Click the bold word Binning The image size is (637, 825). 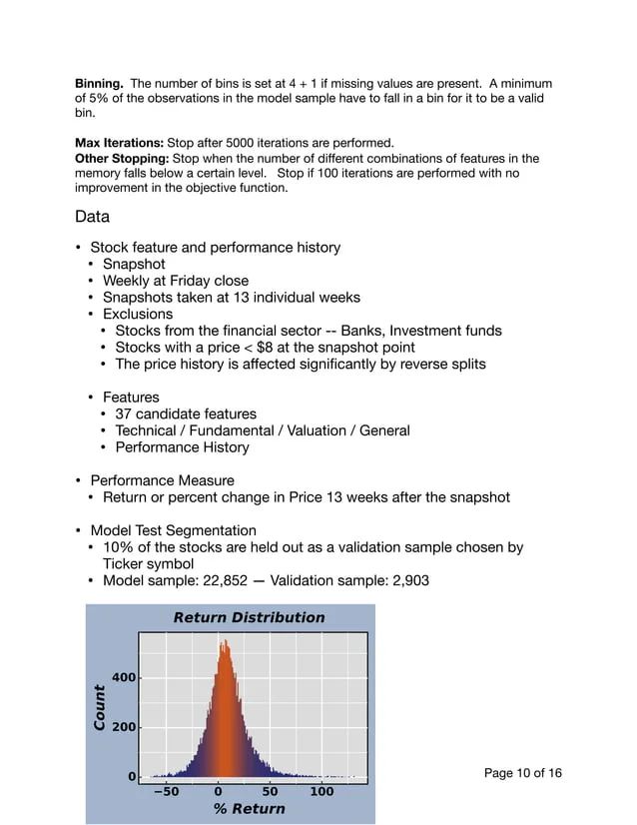click(100, 84)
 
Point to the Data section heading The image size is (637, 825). click(92, 217)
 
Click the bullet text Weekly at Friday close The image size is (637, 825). click(176, 281)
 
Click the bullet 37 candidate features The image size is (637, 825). click(186, 413)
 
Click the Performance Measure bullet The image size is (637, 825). click(163, 480)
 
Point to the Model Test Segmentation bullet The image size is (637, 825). click(173, 530)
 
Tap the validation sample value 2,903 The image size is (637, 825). click(408, 580)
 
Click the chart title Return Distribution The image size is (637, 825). click(249, 617)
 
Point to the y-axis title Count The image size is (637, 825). click(100, 706)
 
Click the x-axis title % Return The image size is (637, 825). click(249, 809)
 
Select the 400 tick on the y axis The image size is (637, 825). click(123, 678)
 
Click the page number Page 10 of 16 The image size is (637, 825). click(522, 773)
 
